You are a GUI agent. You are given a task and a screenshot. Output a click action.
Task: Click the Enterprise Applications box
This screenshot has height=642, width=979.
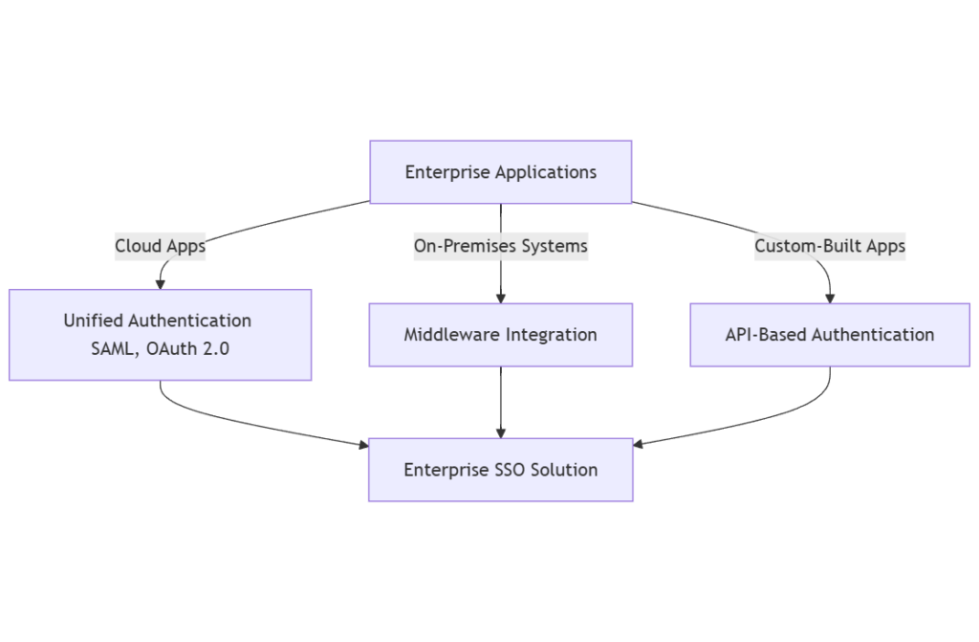[500, 172]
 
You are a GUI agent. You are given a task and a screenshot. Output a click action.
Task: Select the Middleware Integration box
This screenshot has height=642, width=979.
[500, 335]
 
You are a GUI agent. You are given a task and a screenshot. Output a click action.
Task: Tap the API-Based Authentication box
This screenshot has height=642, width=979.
[829, 335]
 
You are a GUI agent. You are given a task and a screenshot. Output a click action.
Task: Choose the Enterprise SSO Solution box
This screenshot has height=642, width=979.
[500, 470]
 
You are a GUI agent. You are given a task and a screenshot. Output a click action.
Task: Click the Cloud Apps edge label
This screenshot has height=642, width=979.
[160, 246]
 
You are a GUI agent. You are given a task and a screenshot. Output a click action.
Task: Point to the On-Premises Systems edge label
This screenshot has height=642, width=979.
[500, 246]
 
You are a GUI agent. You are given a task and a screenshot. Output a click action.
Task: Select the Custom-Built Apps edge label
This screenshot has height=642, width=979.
[829, 246]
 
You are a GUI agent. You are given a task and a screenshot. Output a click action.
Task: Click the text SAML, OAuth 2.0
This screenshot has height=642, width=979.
[160, 349]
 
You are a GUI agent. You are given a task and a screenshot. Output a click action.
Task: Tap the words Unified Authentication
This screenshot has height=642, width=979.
[158, 321]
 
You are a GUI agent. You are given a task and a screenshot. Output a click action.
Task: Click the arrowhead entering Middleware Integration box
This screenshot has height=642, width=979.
[500, 298]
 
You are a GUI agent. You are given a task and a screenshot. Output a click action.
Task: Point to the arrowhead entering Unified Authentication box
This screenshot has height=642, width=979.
[160, 284]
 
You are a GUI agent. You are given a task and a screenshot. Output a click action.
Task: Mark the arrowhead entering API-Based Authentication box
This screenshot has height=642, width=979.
[829, 298]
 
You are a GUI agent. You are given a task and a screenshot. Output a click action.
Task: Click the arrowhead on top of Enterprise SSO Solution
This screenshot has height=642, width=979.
[500, 432]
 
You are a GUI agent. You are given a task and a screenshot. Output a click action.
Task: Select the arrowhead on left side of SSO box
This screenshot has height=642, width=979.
[362, 445]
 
